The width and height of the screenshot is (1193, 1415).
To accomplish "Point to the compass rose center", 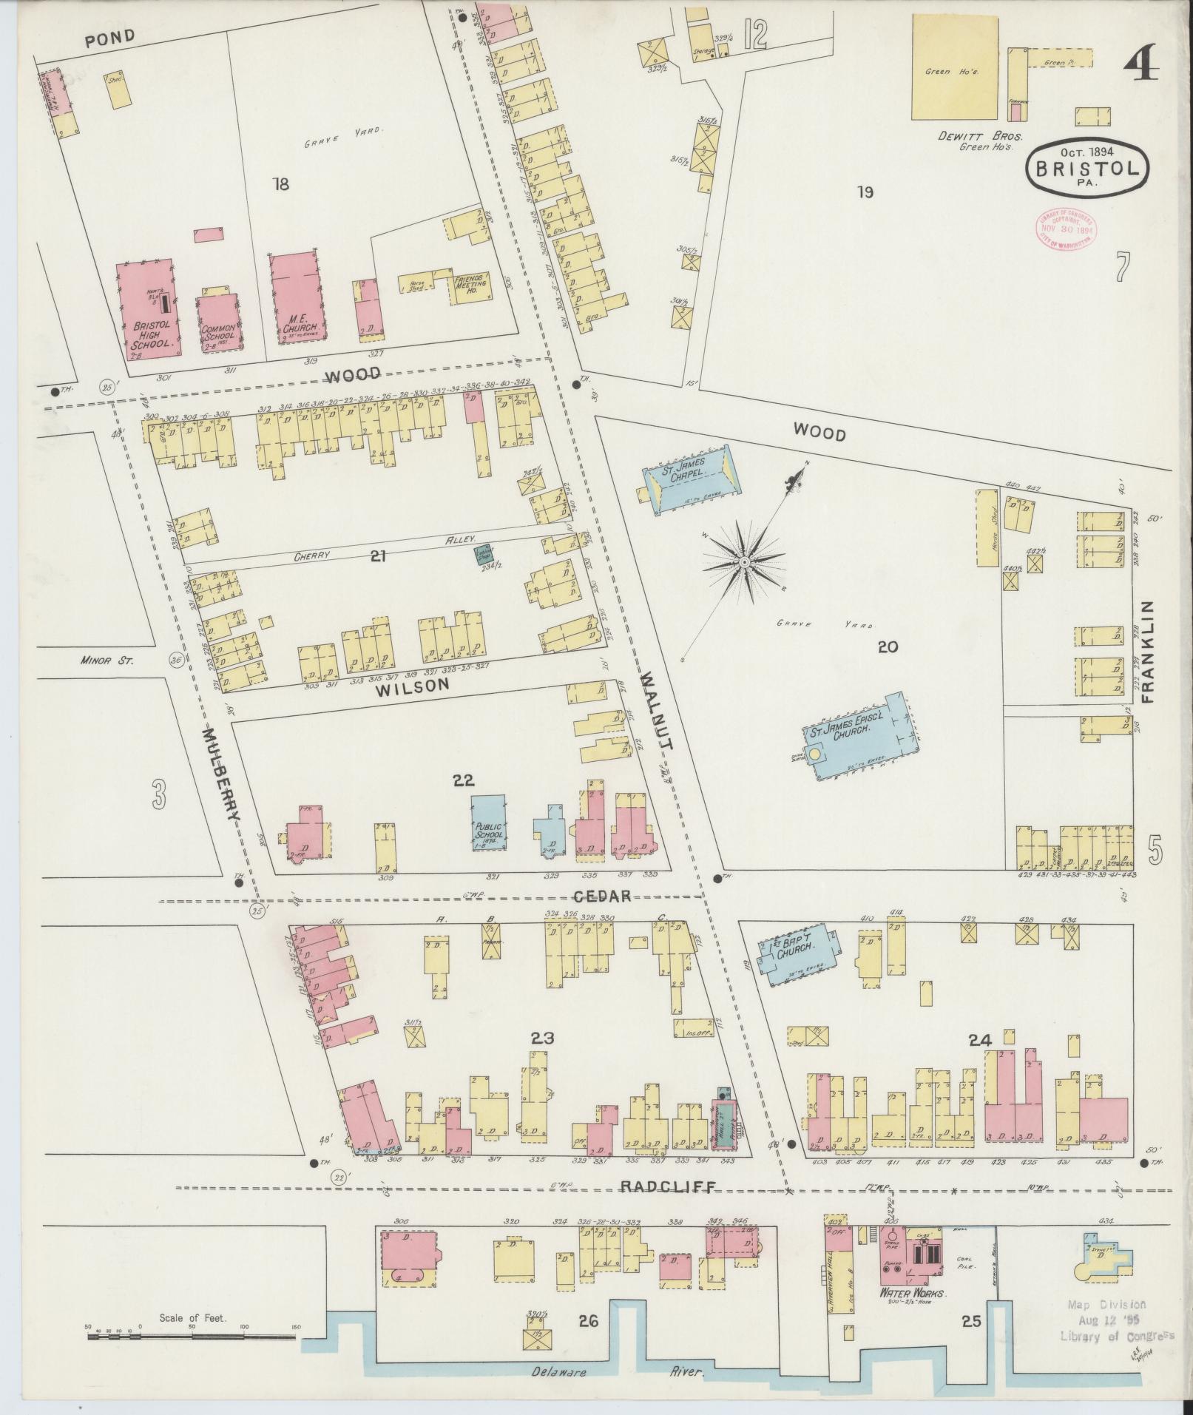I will click(744, 564).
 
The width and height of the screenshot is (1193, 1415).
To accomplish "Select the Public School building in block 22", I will click(489, 823).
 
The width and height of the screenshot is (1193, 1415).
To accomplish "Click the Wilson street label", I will click(413, 684).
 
